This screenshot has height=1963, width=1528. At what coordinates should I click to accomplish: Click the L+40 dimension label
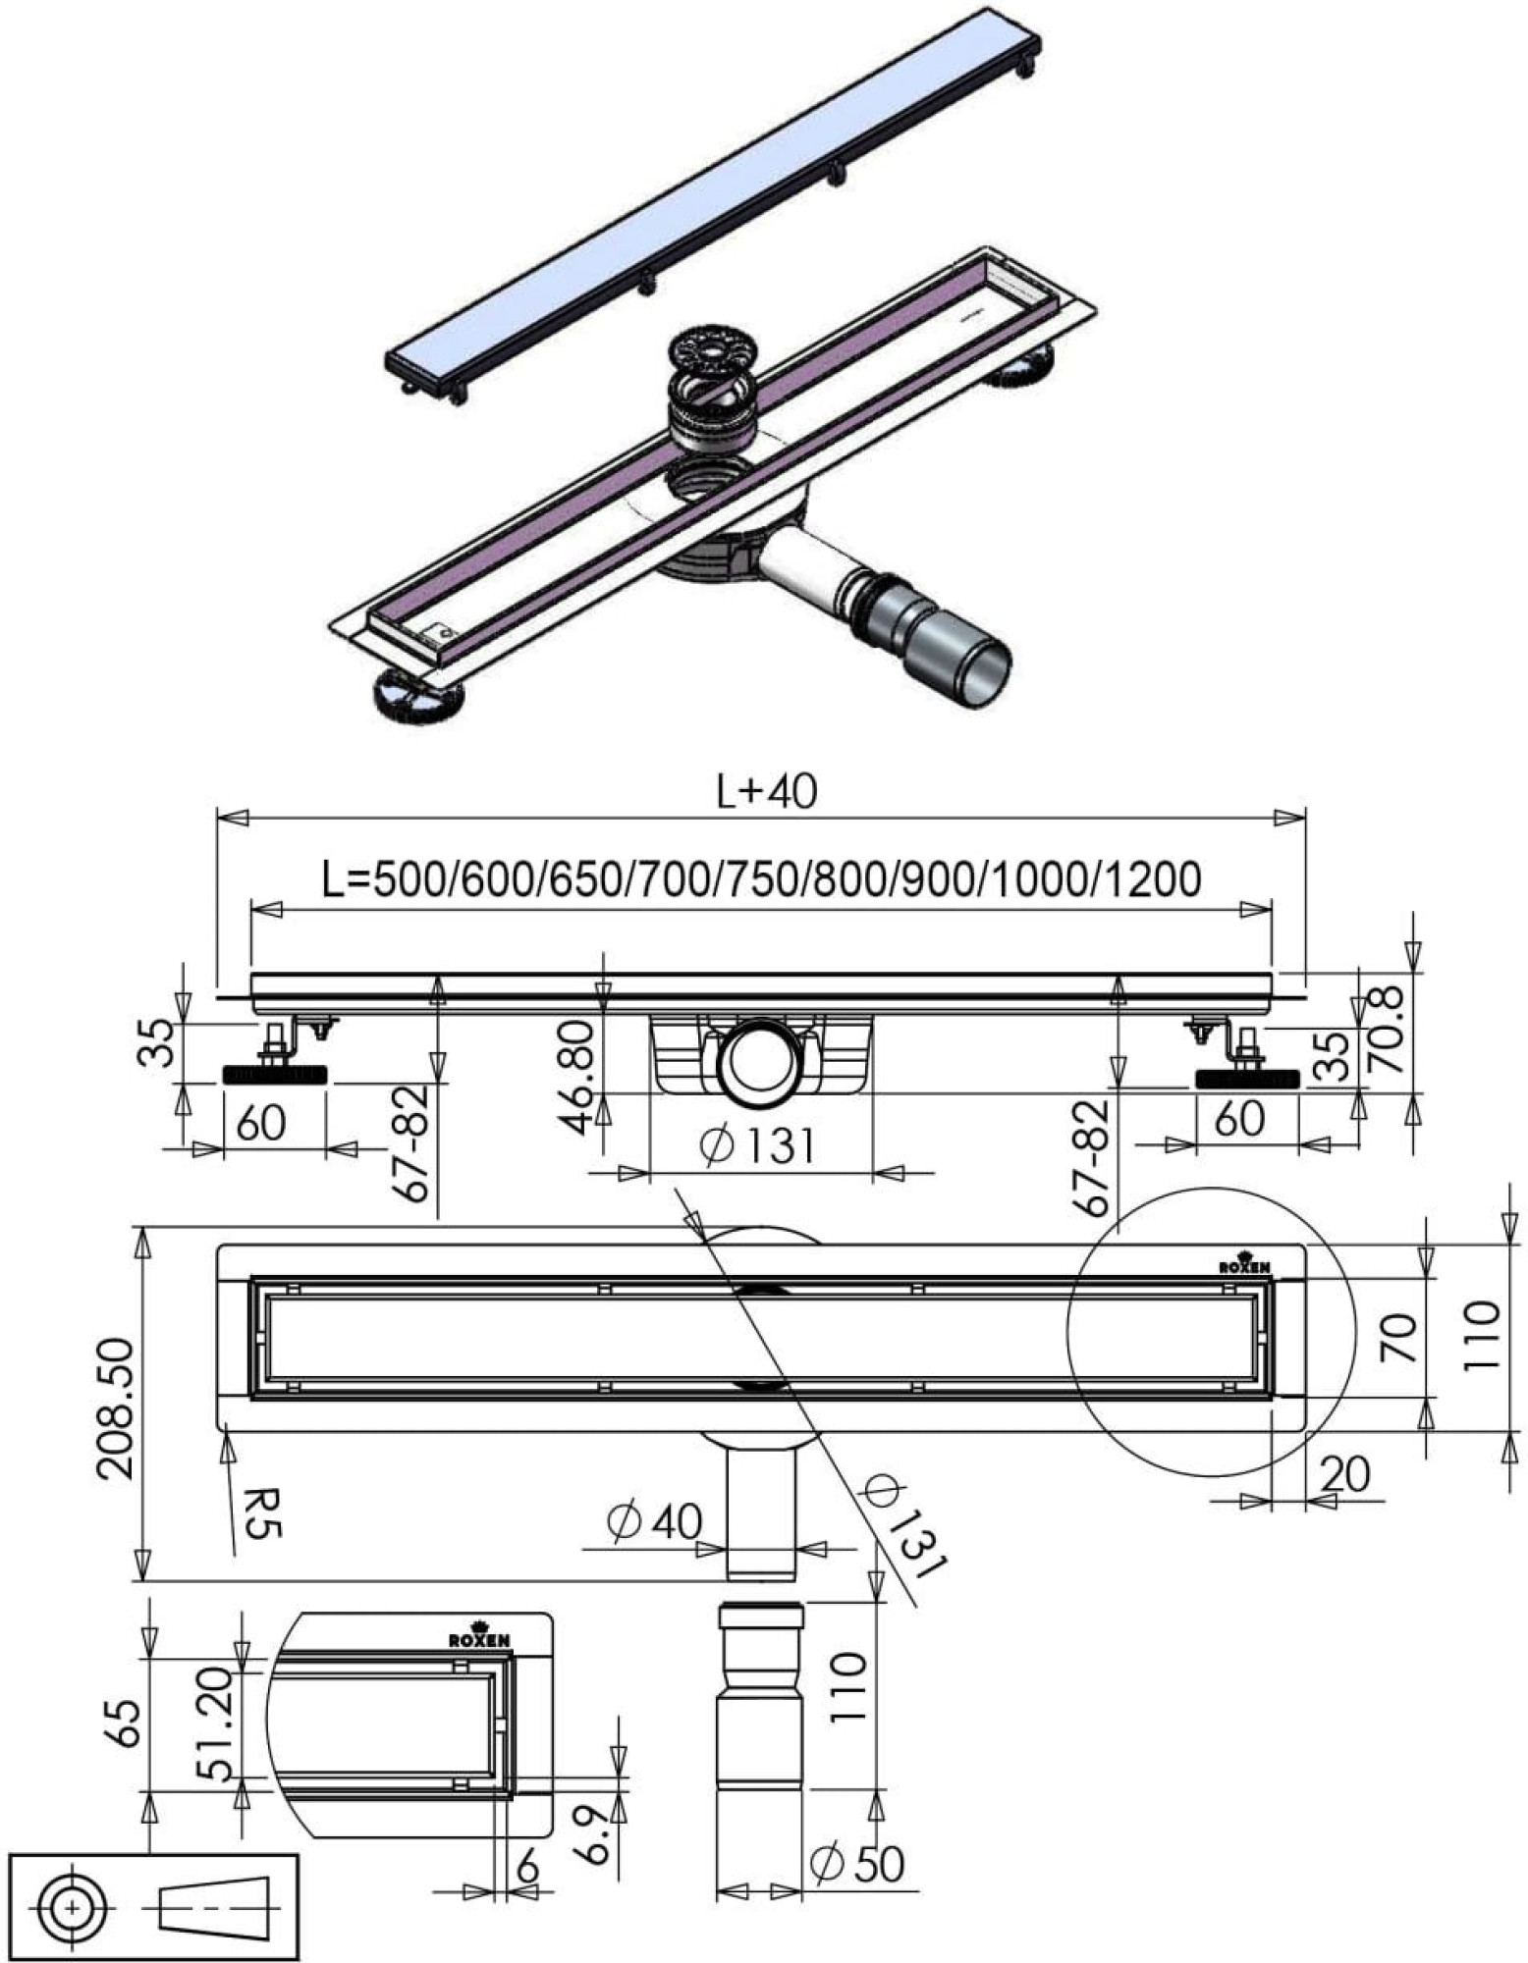(x=767, y=791)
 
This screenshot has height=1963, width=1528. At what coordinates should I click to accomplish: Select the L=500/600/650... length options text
(x=761, y=878)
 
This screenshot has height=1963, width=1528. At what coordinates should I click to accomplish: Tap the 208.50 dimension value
(x=117, y=1406)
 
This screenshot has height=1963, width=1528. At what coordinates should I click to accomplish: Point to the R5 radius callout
(x=257, y=1514)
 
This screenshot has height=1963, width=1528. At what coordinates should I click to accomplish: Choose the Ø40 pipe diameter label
(x=654, y=1521)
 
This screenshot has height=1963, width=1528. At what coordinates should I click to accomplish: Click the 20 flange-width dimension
(x=1344, y=1473)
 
